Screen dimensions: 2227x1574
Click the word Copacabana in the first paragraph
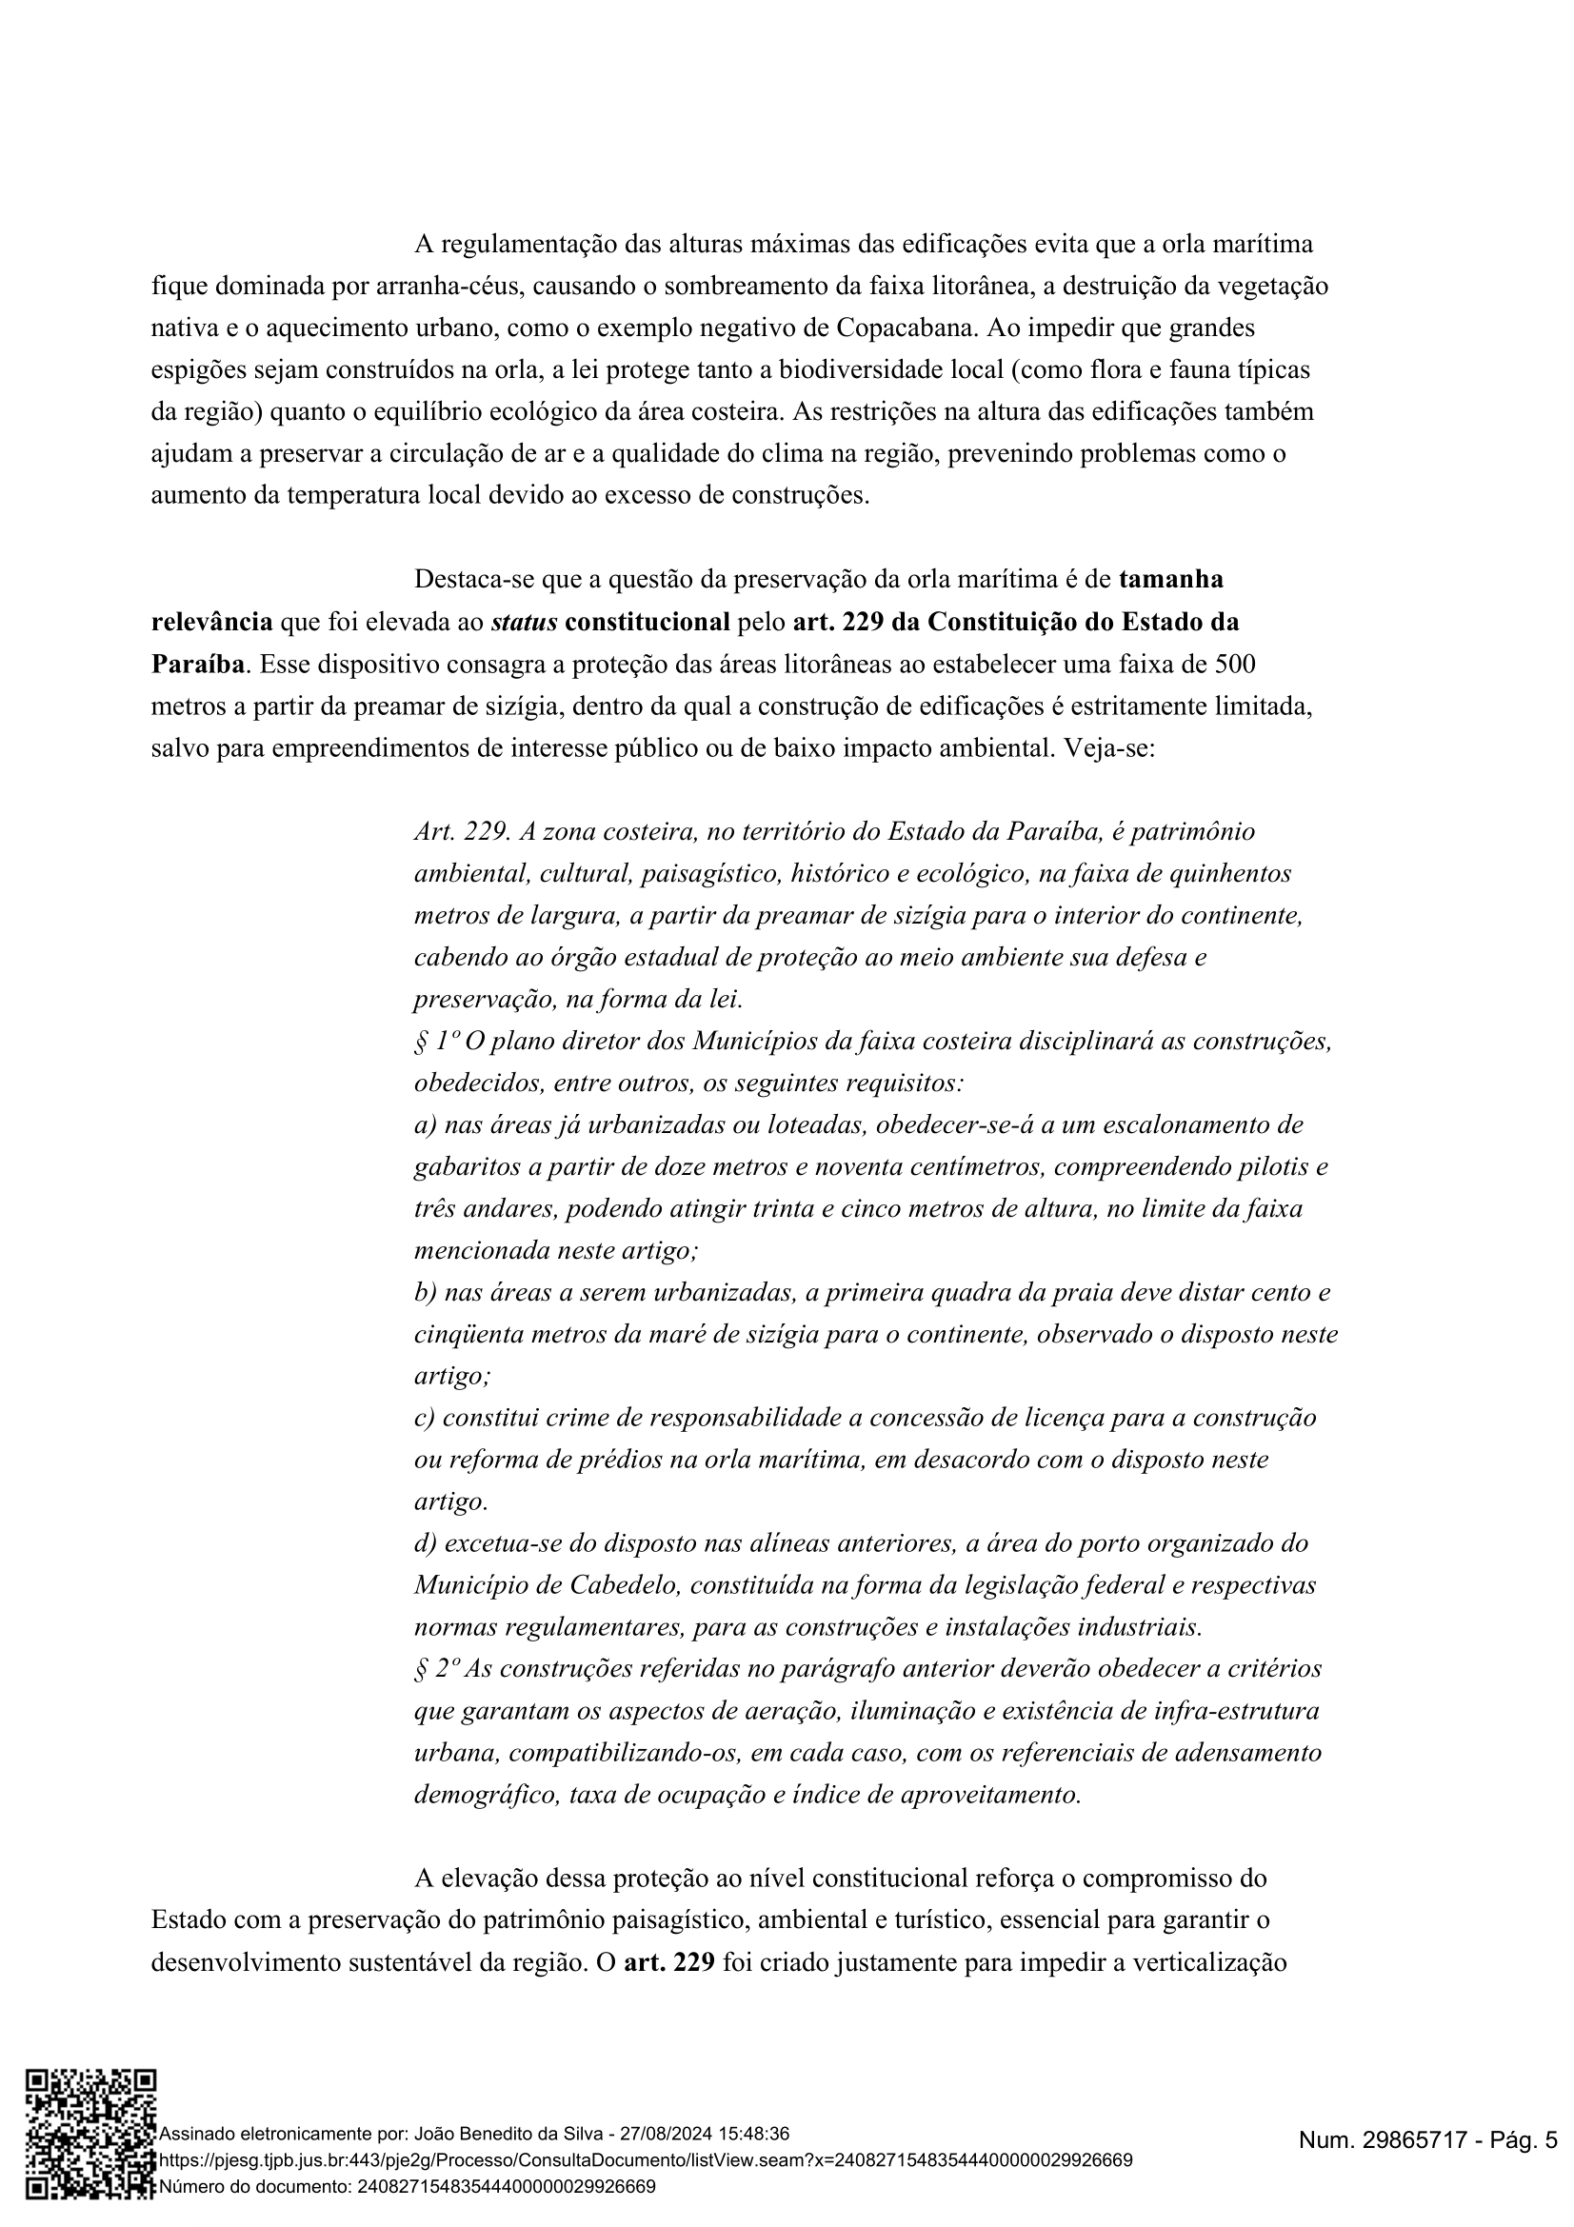905,328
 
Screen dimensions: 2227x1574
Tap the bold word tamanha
1170,579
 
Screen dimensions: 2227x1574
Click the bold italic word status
524,622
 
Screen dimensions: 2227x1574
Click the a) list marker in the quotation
425,1125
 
